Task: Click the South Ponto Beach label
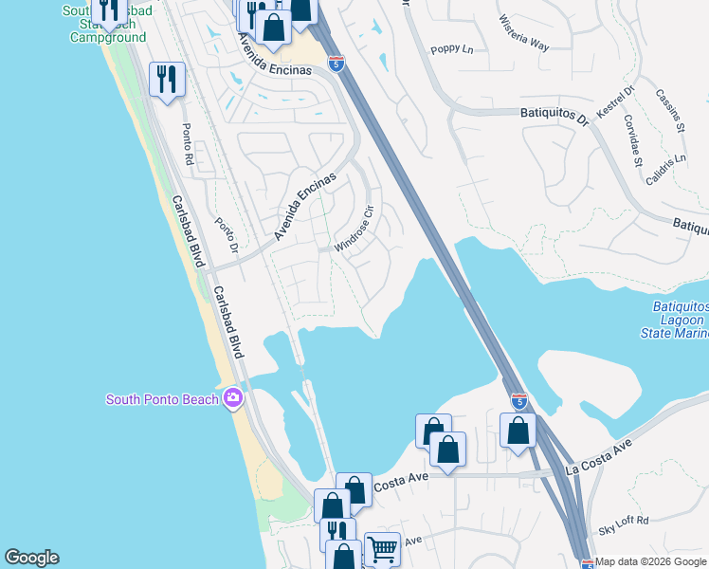pyautogui.click(x=162, y=399)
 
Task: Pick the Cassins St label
pyautogui.click(x=669, y=112)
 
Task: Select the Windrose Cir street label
pyautogui.click(x=360, y=231)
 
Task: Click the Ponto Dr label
pyautogui.click(x=226, y=237)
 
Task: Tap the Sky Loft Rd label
pyautogui.click(x=624, y=520)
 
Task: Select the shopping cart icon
pyautogui.click(x=382, y=548)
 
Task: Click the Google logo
pyautogui.click(x=31, y=558)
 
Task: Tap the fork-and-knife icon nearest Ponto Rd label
pyautogui.click(x=166, y=79)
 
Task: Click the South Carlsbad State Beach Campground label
pyautogui.click(x=106, y=24)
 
